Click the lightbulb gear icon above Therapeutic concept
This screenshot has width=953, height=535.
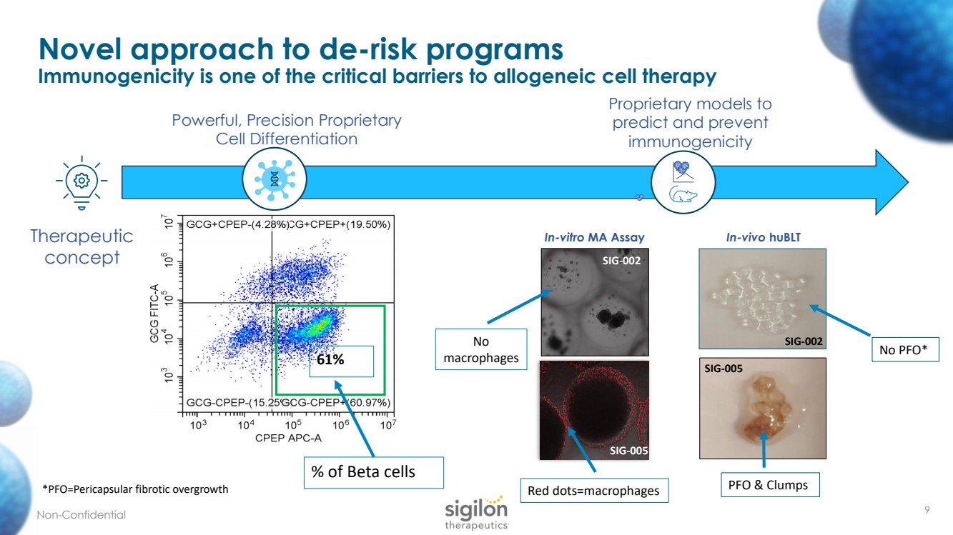83,179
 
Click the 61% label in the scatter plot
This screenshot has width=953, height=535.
330,360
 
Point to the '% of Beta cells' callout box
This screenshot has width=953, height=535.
372,473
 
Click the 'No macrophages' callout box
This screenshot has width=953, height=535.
481,349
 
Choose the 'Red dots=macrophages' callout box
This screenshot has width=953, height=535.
593,491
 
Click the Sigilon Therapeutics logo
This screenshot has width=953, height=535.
477,513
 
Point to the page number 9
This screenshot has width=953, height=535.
927,510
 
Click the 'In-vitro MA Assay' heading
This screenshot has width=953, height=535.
595,237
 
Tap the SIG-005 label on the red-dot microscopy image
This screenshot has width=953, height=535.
629,450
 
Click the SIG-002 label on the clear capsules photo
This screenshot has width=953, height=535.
803,341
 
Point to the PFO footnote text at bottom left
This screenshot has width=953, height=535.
136,489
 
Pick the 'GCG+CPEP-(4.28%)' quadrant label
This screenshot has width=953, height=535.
236,224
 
